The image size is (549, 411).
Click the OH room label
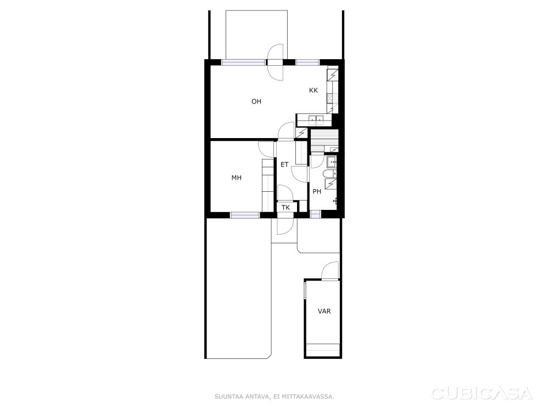[256, 101]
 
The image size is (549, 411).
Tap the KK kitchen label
[313, 90]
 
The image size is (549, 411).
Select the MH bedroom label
[236, 178]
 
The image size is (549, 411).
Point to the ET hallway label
[284, 164]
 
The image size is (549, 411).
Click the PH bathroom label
[317, 191]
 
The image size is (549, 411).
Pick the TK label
[285, 208]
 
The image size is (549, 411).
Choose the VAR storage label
[324, 311]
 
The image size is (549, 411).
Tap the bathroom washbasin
[332, 161]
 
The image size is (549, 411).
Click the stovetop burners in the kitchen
[330, 98]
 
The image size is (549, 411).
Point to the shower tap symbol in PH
[335, 201]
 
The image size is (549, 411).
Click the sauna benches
[324, 140]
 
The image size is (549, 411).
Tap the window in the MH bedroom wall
[245, 215]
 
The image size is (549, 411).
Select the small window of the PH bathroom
[315, 214]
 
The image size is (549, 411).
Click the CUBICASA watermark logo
[482, 393]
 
